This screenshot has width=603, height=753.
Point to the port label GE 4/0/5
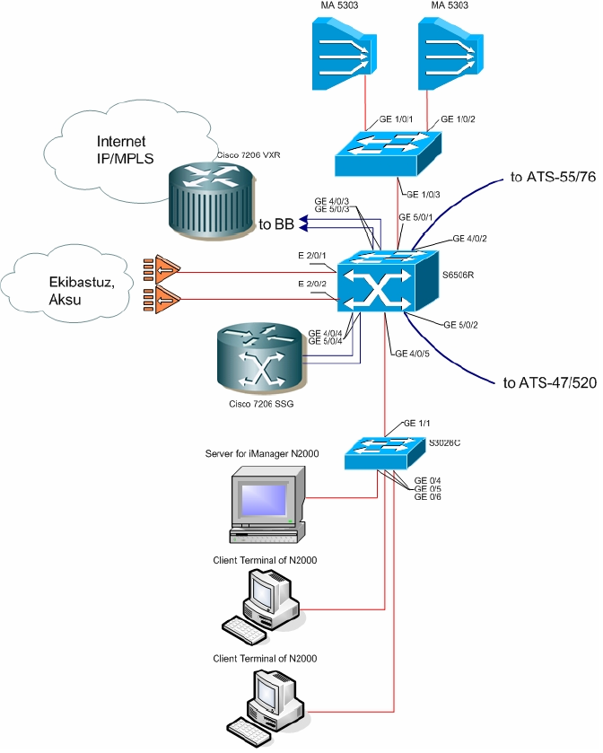pyautogui.click(x=413, y=353)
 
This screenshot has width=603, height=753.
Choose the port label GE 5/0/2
pyautogui.click(x=461, y=324)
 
